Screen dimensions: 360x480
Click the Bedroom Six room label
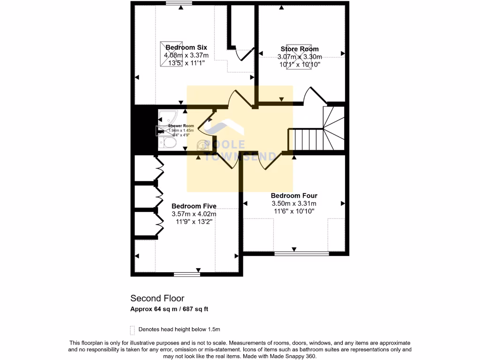tap(186, 48)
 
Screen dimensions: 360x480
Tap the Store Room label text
tap(300, 49)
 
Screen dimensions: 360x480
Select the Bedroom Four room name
tap(294, 195)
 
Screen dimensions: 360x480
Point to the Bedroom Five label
tap(194, 206)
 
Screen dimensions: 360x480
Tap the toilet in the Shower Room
tap(167, 142)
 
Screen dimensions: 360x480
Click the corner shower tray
tap(166, 117)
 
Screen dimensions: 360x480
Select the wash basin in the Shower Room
tap(202, 146)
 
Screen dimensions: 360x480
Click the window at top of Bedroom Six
tap(179, 4)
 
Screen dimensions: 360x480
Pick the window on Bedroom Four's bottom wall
tap(301, 254)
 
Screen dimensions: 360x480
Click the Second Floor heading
tap(157, 298)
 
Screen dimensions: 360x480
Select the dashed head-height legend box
tap(133, 329)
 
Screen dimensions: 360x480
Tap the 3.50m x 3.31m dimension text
tap(294, 203)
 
